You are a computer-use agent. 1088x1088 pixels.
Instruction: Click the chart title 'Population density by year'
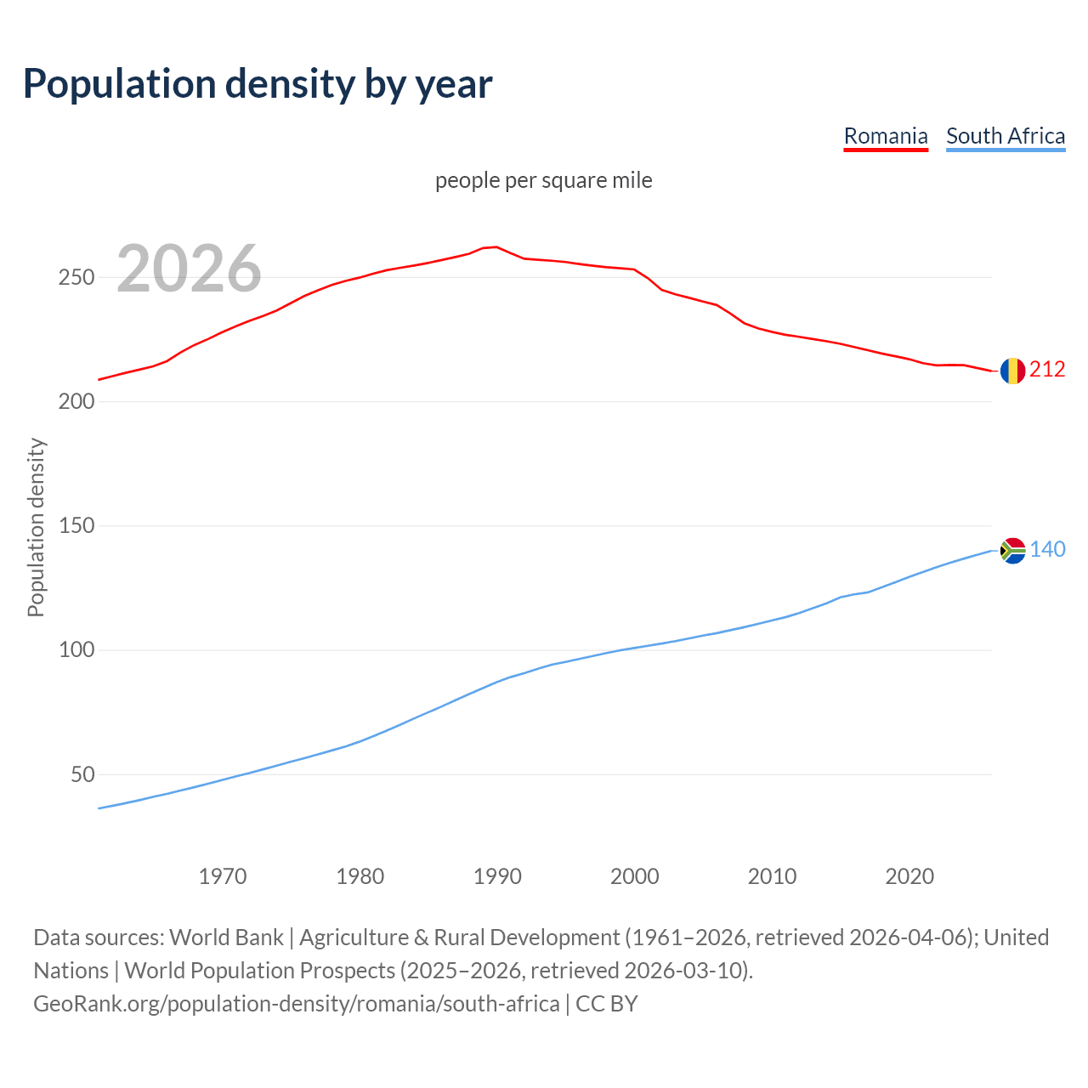point(258,84)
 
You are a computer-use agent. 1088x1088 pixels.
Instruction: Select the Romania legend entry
point(885,136)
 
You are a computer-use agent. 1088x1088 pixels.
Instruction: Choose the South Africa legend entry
point(1005,136)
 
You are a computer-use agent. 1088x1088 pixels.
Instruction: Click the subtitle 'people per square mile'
point(543,180)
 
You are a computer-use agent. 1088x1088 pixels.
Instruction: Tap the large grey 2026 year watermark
point(189,269)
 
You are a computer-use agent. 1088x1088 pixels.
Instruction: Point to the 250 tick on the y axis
point(76,278)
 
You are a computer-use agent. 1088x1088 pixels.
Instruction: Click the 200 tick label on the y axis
point(76,402)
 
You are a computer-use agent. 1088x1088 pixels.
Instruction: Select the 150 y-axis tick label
point(76,526)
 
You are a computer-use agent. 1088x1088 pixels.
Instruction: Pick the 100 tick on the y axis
point(76,650)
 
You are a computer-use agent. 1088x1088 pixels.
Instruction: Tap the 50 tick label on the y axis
point(82,775)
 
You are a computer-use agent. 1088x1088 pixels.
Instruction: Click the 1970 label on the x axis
point(223,876)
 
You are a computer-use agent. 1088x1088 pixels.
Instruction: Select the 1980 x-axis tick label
point(360,876)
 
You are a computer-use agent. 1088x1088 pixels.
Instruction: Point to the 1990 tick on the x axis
point(497,876)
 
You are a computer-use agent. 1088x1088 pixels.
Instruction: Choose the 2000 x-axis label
point(635,876)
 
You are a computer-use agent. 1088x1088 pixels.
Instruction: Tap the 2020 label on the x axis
point(909,876)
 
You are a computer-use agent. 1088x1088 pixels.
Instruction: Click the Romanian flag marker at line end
point(1012,371)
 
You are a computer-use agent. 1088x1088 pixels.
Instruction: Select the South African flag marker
point(1012,551)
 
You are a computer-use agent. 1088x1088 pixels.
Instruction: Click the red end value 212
point(1047,370)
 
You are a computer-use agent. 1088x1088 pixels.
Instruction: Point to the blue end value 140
point(1047,550)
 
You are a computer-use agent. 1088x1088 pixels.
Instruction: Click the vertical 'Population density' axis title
point(36,527)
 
